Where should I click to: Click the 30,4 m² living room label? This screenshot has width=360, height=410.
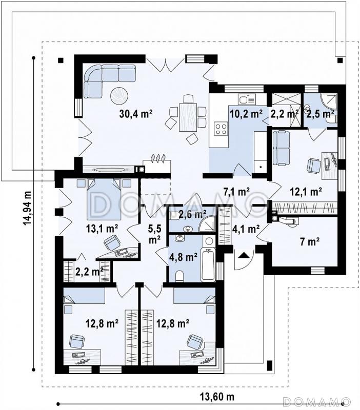[x=136, y=114]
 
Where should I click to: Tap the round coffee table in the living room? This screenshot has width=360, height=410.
[x=119, y=96]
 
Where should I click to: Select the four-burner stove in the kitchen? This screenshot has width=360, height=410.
[x=221, y=129]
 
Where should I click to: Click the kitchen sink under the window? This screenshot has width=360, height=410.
[x=247, y=99]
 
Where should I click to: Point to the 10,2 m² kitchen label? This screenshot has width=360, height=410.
[x=246, y=114]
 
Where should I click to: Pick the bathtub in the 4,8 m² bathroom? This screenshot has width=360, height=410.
[x=208, y=264]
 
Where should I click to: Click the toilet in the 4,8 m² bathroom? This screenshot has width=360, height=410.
[x=179, y=276]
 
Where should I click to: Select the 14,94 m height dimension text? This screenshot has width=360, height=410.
[x=27, y=209]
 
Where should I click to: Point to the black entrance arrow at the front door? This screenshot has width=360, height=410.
[x=243, y=255]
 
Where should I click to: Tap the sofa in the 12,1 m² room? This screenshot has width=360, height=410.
[x=282, y=148]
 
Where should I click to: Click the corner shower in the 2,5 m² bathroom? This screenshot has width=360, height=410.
[x=329, y=101]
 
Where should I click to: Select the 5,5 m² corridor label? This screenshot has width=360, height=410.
[x=154, y=234]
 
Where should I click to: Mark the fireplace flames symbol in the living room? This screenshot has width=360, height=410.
[x=158, y=158]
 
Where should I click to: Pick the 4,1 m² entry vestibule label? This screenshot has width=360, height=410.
[x=246, y=229]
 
